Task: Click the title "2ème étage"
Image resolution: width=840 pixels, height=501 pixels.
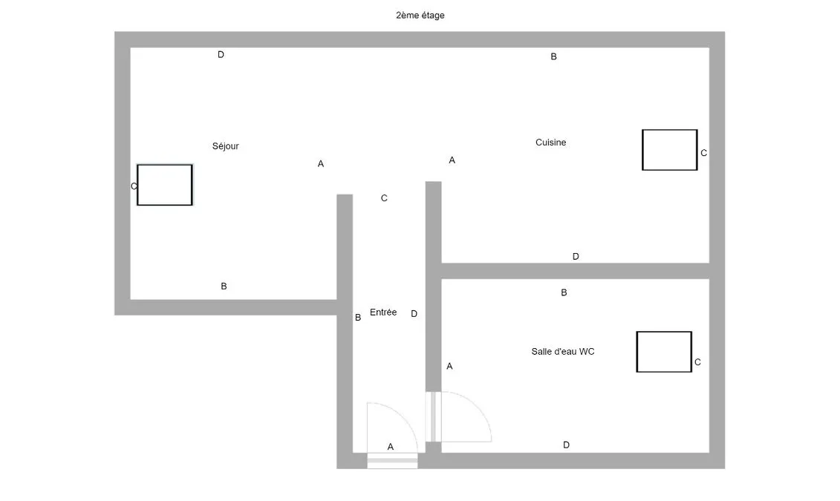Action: tap(420, 16)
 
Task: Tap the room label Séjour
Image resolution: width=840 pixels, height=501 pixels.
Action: tap(226, 146)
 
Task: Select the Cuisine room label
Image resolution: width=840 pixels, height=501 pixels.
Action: tap(550, 143)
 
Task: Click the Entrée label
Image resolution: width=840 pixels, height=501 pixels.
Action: tap(383, 312)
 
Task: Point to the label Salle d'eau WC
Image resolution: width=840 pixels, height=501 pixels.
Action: tap(562, 352)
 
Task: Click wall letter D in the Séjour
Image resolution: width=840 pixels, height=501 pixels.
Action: tap(221, 55)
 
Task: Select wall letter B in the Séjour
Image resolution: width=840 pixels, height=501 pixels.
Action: tap(224, 286)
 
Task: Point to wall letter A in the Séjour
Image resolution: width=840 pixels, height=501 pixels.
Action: tap(321, 164)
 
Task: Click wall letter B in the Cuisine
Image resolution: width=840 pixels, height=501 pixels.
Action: tap(554, 56)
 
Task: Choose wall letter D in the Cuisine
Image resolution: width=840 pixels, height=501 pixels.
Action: tap(576, 256)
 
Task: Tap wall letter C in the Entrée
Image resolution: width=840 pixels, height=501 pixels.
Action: tap(384, 198)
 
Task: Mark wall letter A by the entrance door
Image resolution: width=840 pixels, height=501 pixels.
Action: tap(391, 447)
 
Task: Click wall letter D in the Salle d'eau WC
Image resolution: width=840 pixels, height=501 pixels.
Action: tap(566, 445)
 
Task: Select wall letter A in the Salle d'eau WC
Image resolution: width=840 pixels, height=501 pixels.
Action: tap(449, 366)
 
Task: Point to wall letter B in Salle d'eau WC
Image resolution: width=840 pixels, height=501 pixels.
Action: tap(564, 292)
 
